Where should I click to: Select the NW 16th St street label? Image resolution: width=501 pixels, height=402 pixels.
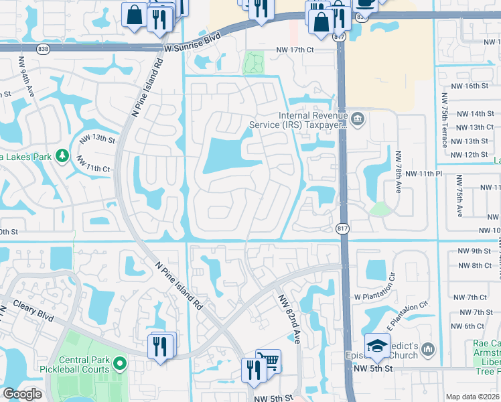(468, 86)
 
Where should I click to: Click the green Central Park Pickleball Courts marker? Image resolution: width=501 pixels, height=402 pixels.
(121, 365)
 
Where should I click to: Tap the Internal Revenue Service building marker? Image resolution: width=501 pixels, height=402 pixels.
(357, 119)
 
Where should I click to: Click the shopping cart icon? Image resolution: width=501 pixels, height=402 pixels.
(268, 362)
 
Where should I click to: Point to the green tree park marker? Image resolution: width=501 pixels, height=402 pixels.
(62, 155)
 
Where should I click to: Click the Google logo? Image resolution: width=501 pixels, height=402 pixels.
(22, 394)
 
